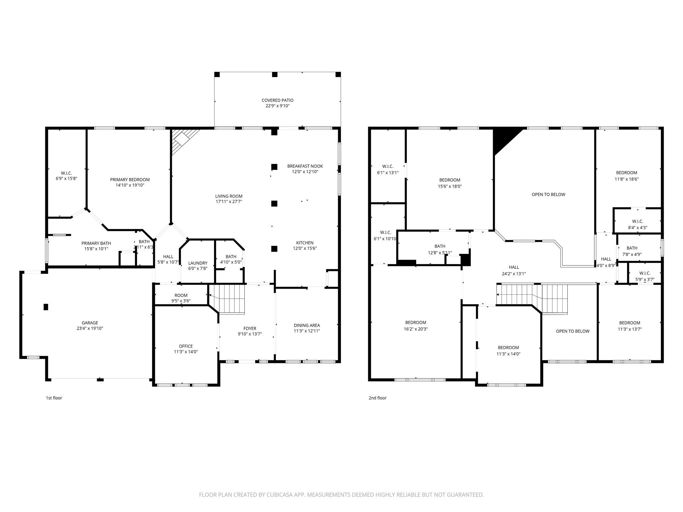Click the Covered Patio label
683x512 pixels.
277,100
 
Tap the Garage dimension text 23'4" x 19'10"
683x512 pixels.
90,328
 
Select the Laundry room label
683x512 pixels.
198,263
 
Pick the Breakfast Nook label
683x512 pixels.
305,166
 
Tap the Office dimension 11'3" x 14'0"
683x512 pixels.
186,352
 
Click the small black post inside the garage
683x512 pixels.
46,307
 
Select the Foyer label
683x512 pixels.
250,328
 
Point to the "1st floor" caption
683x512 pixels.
54,398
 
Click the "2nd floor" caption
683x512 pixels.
377,398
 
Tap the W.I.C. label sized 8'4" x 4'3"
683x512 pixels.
637,221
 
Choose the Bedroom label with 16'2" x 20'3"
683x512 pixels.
416,322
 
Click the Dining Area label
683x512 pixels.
306,325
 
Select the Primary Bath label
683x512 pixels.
96,243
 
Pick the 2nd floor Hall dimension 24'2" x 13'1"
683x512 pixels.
514,274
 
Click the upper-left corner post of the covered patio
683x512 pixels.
217,74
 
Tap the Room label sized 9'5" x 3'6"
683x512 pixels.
181,295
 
